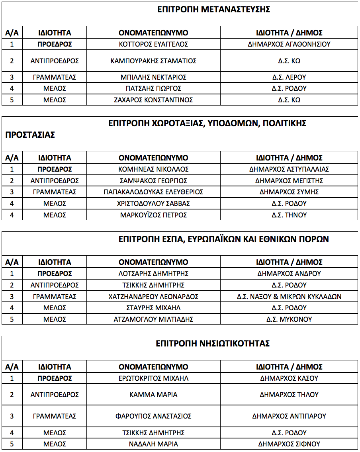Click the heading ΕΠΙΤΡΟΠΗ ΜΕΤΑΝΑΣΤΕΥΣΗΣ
point(213,10)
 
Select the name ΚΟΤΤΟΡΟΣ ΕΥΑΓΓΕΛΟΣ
point(153,44)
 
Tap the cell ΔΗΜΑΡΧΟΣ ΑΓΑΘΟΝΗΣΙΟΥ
point(289,44)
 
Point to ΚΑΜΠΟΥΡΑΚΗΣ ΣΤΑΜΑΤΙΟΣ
point(153,61)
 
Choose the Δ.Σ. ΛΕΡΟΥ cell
point(289,77)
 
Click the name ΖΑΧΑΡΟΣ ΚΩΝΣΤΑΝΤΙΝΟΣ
point(153,100)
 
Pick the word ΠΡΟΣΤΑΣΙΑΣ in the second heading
point(30,135)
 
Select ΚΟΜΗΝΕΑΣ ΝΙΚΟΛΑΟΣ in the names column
point(153,169)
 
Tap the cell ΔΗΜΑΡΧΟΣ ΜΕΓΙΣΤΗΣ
point(289,181)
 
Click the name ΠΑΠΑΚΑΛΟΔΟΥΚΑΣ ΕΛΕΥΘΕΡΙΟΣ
point(153,192)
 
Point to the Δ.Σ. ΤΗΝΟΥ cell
point(289,215)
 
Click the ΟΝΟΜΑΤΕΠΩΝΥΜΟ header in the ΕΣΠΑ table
point(153,262)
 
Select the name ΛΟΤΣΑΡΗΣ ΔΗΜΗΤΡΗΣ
point(153,274)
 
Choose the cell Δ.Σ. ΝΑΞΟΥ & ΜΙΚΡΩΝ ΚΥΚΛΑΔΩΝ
point(289,297)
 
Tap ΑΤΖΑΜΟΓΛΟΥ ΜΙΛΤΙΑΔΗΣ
point(153,319)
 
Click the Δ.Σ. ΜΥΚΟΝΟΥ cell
point(289,319)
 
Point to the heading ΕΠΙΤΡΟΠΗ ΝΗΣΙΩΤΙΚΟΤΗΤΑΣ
point(213,343)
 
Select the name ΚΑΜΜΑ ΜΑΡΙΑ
point(153,395)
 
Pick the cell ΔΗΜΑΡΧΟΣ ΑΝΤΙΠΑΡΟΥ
point(289,416)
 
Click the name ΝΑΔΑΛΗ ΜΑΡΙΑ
point(153,444)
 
